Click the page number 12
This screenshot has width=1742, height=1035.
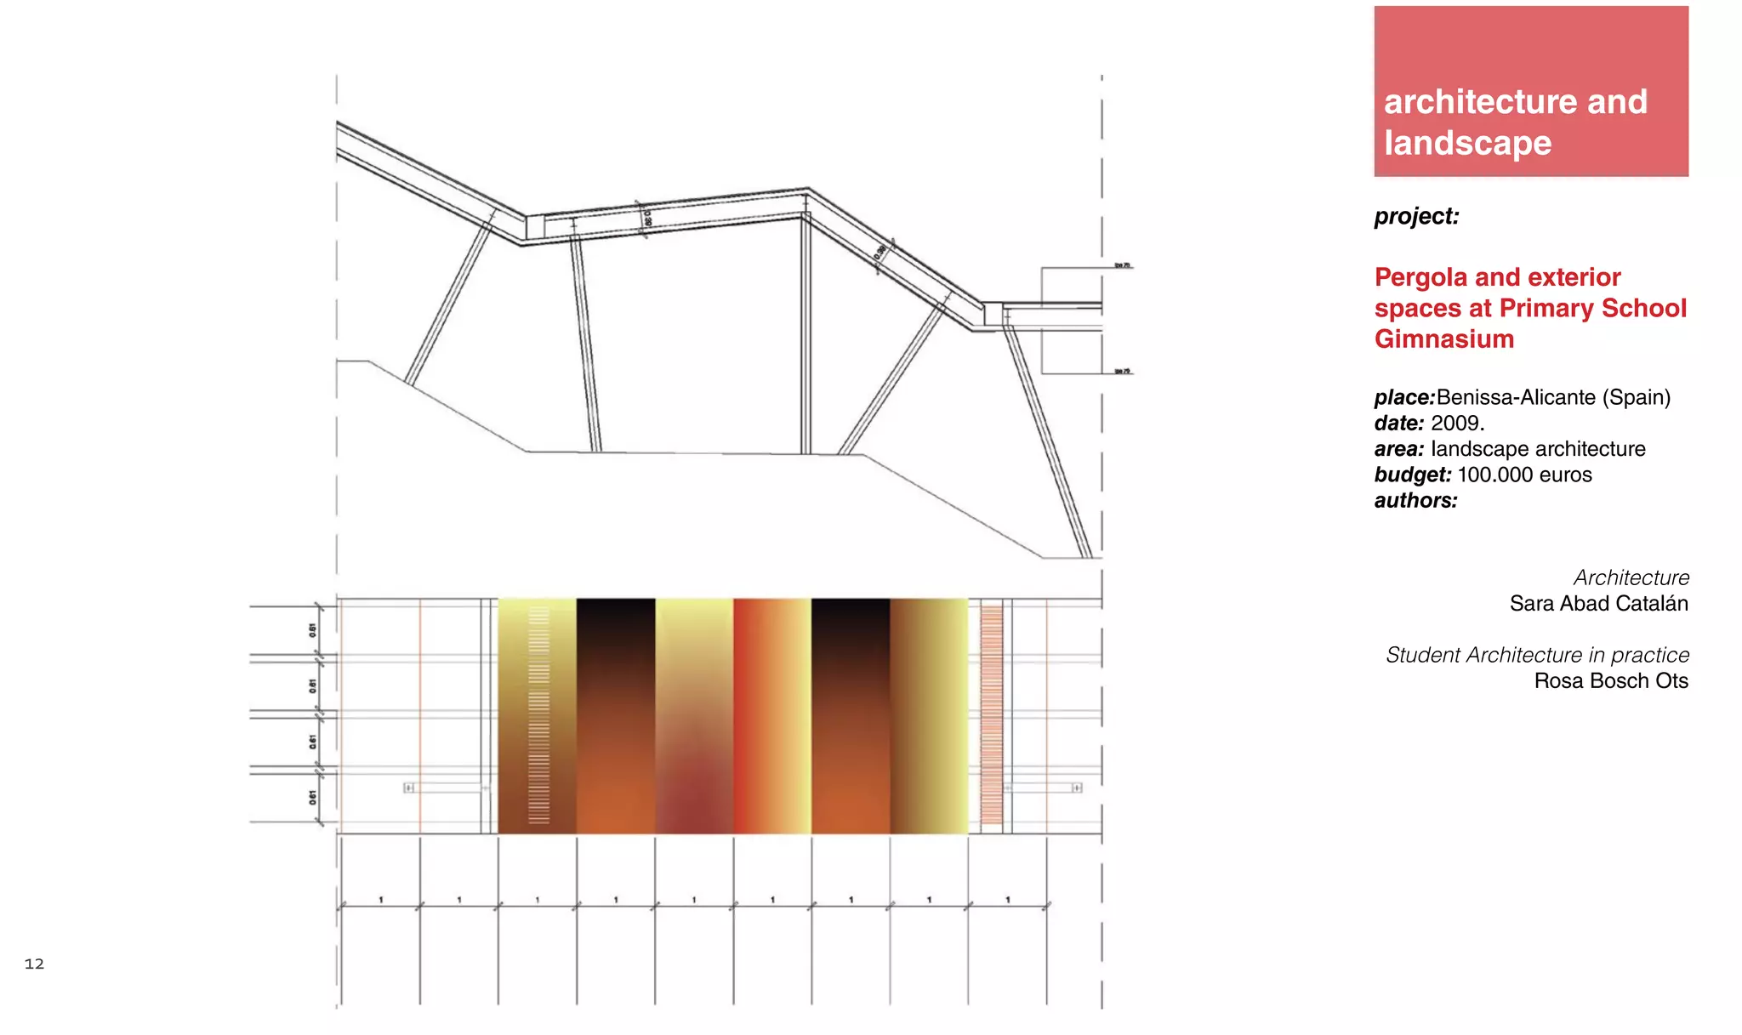pyautogui.click(x=34, y=964)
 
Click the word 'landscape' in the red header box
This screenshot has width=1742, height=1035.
pyautogui.click(x=1467, y=143)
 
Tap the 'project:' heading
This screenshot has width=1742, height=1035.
pyautogui.click(x=1416, y=216)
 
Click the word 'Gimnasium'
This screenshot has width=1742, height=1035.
pyautogui.click(x=1443, y=339)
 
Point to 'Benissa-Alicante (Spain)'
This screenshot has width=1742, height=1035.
pyautogui.click(x=1553, y=397)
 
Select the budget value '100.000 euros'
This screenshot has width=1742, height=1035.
pyautogui.click(x=1524, y=475)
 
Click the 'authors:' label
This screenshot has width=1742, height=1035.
pyautogui.click(x=1415, y=500)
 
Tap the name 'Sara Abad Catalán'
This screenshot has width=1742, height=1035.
pyautogui.click(x=1598, y=604)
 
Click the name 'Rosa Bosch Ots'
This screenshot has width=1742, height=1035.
pyautogui.click(x=1610, y=681)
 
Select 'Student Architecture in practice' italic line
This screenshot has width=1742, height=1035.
pyautogui.click(x=1537, y=655)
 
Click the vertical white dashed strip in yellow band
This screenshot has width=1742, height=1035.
pyautogui.click(x=538, y=714)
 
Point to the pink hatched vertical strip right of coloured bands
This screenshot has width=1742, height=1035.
pyautogui.click(x=991, y=714)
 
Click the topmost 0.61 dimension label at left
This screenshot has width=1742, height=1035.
pyautogui.click(x=312, y=630)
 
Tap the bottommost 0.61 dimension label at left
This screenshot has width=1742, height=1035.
pyautogui.click(x=312, y=797)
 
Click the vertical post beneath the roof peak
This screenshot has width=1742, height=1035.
pyautogui.click(x=806, y=336)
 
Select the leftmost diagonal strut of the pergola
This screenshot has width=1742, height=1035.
pyautogui.click(x=449, y=302)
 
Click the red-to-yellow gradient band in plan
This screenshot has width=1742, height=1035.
pyautogui.click(x=771, y=714)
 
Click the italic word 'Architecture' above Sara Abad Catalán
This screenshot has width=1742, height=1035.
pyautogui.click(x=1631, y=578)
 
